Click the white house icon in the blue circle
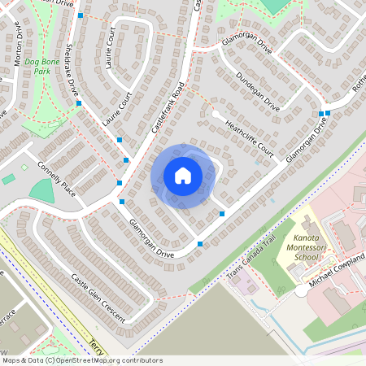(183, 176)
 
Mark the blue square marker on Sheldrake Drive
(79, 103)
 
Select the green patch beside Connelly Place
(41, 190)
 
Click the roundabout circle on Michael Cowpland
(301, 290)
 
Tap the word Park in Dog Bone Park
(37, 72)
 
